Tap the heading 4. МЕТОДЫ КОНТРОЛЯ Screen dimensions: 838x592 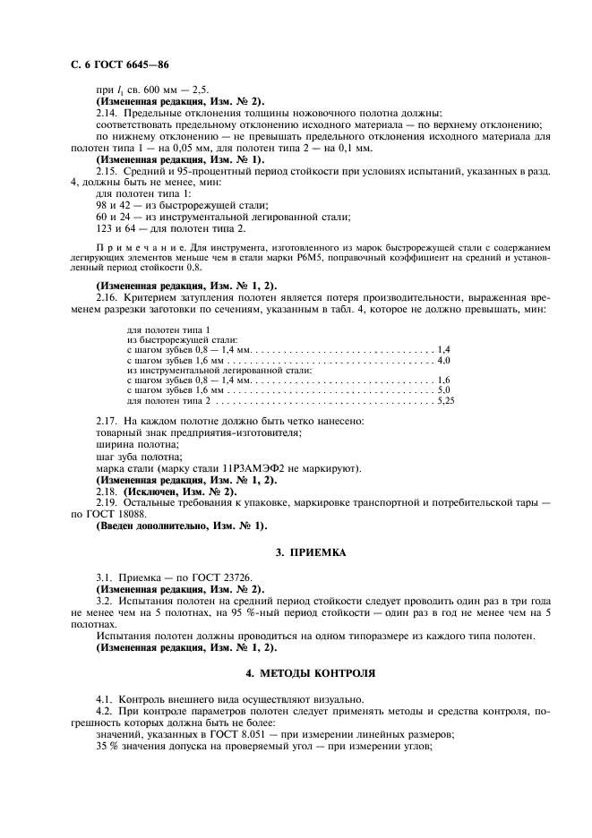click(310, 671)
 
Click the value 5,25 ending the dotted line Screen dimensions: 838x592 click(445, 401)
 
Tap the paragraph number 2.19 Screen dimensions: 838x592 click(107, 504)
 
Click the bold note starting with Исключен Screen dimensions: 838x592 click(166, 492)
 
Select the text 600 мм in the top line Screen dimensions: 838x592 click(153, 90)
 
